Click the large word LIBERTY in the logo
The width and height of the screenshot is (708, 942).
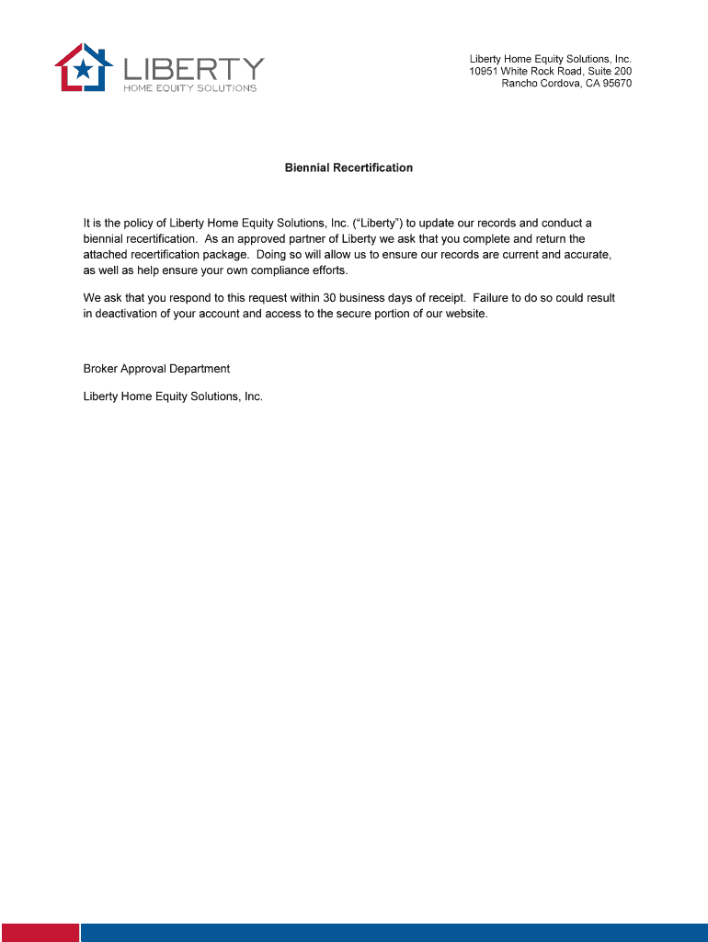click(x=194, y=69)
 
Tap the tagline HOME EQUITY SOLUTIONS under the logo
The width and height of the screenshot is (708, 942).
click(x=190, y=88)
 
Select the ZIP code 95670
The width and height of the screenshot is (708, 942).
click(x=616, y=84)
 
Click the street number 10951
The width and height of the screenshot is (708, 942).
click(x=485, y=71)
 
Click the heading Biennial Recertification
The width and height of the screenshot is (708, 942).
click(x=348, y=168)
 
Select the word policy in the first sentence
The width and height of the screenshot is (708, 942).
click(x=140, y=224)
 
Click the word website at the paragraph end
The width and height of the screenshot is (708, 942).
click(x=464, y=314)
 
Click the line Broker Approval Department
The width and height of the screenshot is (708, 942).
click(x=156, y=369)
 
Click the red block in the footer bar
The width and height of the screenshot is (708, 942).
click(x=39, y=932)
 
